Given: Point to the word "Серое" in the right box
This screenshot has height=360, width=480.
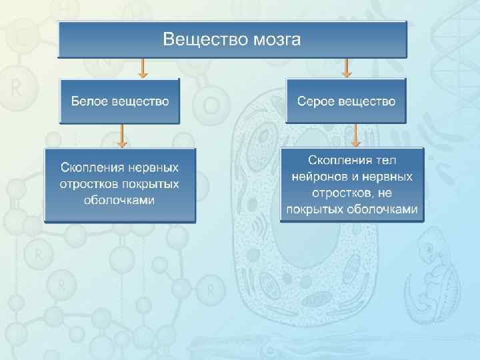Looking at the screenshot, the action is pyautogui.click(x=317, y=101).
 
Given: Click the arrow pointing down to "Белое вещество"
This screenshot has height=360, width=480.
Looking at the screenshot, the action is pyautogui.click(x=142, y=67).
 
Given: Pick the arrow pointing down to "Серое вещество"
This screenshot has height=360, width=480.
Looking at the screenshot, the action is pyautogui.click(x=346, y=67).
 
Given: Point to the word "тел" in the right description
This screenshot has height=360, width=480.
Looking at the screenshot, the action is pyautogui.click(x=386, y=161).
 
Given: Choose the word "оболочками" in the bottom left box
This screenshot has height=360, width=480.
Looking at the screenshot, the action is pyautogui.click(x=120, y=199).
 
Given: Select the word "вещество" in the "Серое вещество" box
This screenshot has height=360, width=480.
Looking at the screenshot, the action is pyautogui.click(x=368, y=101).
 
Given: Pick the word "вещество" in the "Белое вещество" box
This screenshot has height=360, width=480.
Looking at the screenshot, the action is pyautogui.click(x=141, y=101).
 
